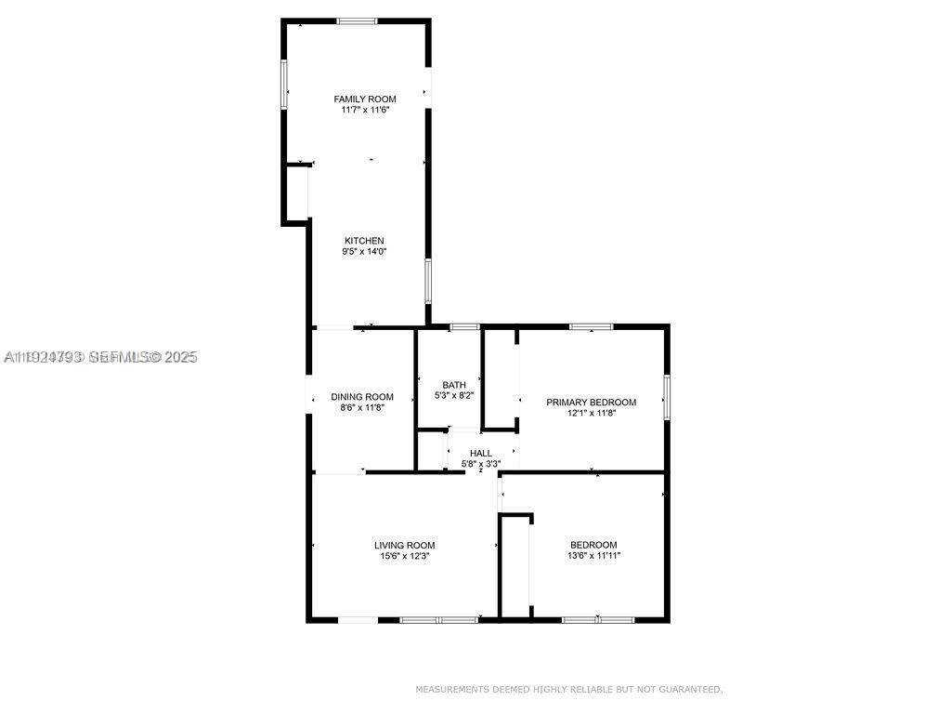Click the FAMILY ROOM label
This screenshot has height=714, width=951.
coord(365,99)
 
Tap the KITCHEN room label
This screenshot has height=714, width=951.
coord(364,241)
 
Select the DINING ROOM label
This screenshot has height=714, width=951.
coord(362,397)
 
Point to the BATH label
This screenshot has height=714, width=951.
coord(454,385)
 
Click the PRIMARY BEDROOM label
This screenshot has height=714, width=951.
coord(591,403)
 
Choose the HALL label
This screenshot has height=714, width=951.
coord(481,454)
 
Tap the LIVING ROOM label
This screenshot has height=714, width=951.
coord(404,546)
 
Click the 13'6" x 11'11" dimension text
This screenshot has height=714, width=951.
coord(593,556)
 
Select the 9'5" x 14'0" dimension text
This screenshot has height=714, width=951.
coord(364,252)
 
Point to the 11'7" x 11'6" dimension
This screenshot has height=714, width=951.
coord(365,110)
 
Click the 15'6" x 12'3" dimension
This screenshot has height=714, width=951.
coord(404,557)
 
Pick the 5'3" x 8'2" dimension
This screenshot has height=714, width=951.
coord(454,396)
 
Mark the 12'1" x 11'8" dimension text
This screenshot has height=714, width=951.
coord(591,414)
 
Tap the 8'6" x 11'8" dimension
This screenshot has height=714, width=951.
coord(362,408)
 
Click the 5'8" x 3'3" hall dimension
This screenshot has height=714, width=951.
coord(481,464)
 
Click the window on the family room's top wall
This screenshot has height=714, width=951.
coord(357,20)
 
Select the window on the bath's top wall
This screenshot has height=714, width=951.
coord(463,326)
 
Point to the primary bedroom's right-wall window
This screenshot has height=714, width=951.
coord(666,396)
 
